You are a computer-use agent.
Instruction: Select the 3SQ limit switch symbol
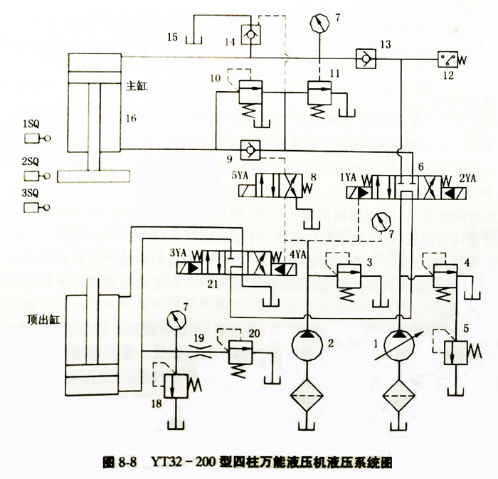pos(35,207)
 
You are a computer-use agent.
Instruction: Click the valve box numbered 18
pos(174,384)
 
